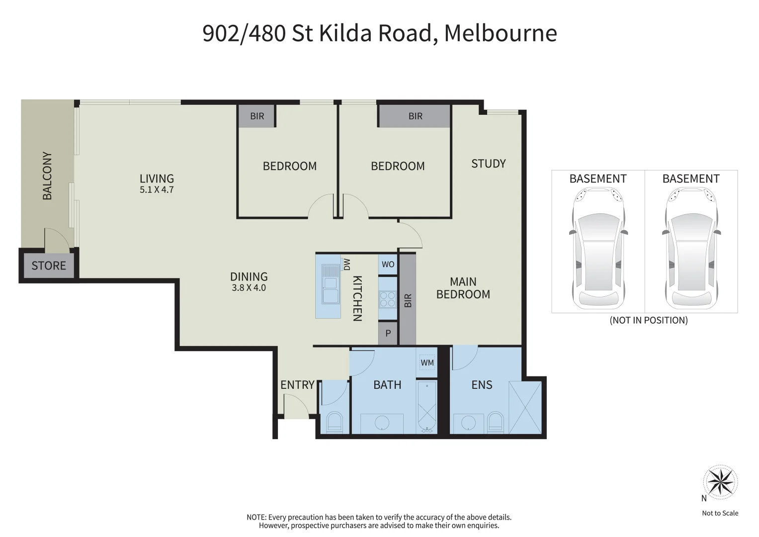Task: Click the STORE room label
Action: click(x=49, y=266)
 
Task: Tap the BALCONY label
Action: click(x=47, y=176)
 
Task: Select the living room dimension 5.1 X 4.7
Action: click(x=157, y=189)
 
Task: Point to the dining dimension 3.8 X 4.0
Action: click(x=249, y=288)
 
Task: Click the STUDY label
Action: click(x=488, y=164)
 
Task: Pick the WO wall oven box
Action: click(x=388, y=264)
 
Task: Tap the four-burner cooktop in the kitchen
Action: click(x=387, y=299)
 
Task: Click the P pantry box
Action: click(x=388, y=333)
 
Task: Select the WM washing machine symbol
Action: click(x=427, y=362)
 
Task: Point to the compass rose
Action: click(x=720, y=482)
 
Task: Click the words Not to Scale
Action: click(x=720, y=513)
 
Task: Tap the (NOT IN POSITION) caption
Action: click(x=649, y=320)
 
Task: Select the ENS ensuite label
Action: click(x=482, y=385)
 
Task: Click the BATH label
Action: click(x=387, y=385)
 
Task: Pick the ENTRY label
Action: click(x=298, y=385)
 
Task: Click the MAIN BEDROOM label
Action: click(x=463, y=288)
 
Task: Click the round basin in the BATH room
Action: click(x=382, y=423)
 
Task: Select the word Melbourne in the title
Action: click(x=501, y=33)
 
